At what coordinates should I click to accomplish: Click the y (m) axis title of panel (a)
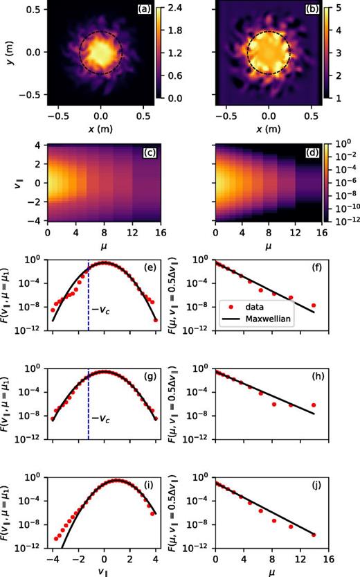point(8,52)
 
